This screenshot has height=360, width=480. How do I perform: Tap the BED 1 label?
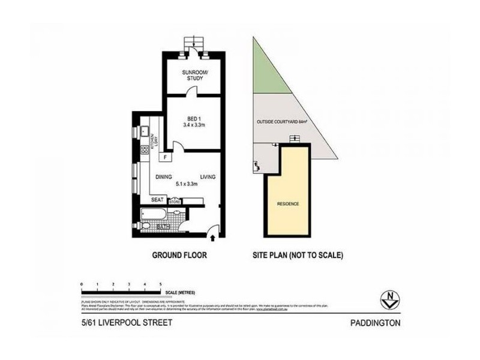[193, 118]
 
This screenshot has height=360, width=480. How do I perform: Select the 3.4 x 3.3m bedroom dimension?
[194, 125]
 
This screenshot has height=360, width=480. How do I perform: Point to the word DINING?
[164, 176]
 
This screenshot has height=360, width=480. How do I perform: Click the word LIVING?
[208, 176]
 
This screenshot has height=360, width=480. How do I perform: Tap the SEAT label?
[157, 200]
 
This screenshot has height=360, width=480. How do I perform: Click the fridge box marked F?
[165, 157]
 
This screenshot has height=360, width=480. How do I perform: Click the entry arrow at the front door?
[214, 240]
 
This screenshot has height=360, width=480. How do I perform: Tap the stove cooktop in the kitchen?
[144, 150]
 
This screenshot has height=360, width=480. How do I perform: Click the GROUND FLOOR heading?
[179, 255]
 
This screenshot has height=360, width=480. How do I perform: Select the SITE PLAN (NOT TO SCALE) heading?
[297, 255]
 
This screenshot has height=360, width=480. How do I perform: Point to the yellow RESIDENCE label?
[288, 204]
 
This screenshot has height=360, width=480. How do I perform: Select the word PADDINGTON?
[375, 323]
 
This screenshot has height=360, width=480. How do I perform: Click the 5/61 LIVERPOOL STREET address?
[127, 323]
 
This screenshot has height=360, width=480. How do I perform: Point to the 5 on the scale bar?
[160, 283]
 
